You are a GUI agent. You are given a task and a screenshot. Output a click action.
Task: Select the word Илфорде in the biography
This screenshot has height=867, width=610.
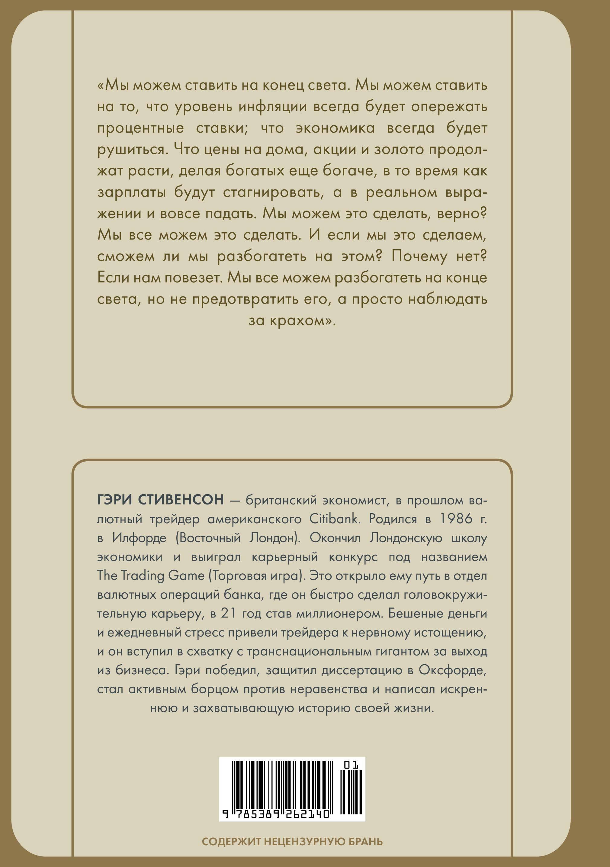[x=139, y=538]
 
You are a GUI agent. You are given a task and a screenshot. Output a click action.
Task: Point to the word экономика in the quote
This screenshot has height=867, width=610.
[x=335, y=128]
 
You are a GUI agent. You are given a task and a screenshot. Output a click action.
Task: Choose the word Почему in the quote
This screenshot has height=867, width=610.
[x=419, y=256]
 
